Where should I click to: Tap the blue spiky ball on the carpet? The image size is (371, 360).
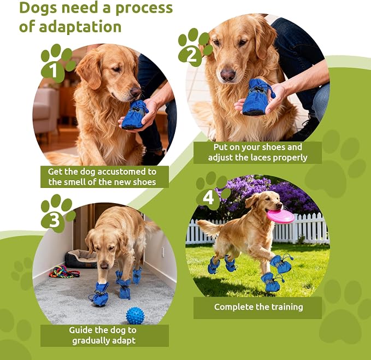pos(135,316)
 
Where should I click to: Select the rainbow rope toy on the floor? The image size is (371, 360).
pos(64,272)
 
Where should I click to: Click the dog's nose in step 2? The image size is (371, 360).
pos(228,75)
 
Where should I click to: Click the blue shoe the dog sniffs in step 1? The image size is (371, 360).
pos(134,115)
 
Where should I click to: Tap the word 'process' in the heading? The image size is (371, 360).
pos(144,8)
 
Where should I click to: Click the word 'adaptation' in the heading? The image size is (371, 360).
pos(80,26)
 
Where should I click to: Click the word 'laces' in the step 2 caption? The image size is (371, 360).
pos(260,157)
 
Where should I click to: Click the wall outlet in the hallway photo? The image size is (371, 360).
pos(163,252)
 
